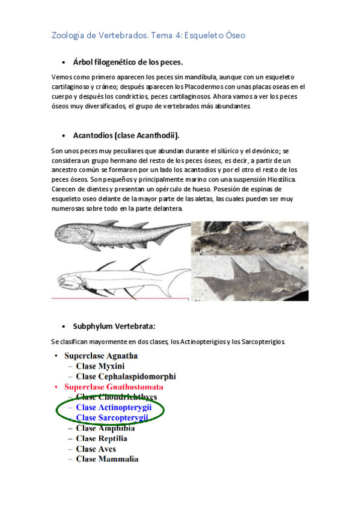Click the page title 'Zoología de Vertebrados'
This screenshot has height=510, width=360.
tap(99, 35)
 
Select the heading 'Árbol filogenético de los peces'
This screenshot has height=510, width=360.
tap(127, 63)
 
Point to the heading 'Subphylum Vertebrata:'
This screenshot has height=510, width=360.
tap(114, 326)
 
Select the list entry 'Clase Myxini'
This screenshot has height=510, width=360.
tap(100, 366)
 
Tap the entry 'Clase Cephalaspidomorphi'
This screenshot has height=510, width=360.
tap(126, 376)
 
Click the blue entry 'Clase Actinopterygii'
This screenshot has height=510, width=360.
tap(112, 407)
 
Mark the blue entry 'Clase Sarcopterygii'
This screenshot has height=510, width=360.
tap(112, 417)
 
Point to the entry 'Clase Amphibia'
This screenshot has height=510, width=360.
tap(105, 428)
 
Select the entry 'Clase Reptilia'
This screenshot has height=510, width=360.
tap(102, 438)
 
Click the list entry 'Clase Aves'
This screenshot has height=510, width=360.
tap(96, 449)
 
